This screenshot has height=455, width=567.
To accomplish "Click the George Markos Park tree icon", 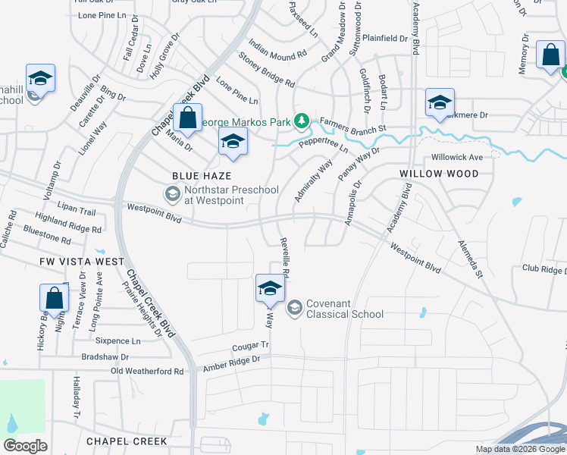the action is (302, 121).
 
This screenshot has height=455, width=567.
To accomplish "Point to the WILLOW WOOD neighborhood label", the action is (440, 174).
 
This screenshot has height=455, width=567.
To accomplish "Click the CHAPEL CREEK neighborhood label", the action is (127, 441).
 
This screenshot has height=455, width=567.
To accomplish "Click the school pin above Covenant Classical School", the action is (270, 288).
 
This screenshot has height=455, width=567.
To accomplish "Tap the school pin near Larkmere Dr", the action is (440, 103).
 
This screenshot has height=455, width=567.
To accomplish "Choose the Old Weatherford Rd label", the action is (147, 371).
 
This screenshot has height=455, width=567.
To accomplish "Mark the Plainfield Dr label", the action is (385, 38).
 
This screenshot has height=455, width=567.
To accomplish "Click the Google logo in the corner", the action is (25, 446).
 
